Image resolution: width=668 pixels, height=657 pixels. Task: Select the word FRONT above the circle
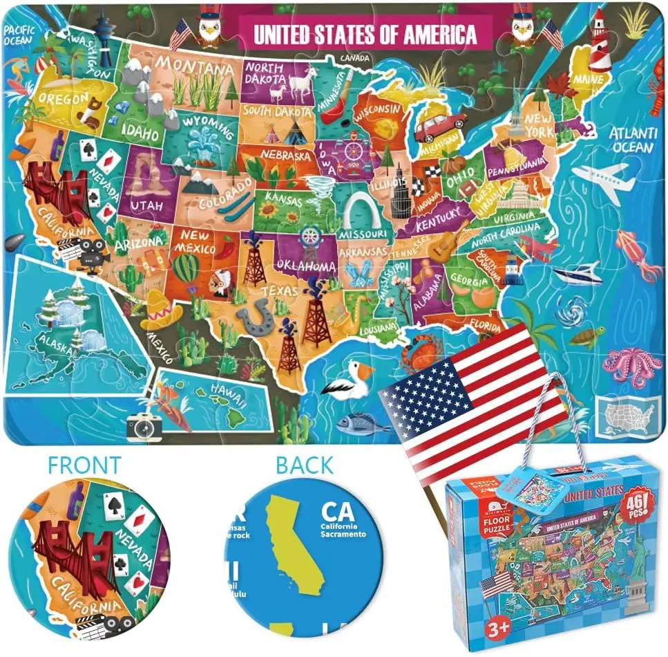(85, 465)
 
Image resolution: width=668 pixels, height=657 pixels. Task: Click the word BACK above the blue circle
(304, 465)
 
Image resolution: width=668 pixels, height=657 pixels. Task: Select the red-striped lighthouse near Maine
(600, 41)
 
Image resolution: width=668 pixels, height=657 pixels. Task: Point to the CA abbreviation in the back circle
(339, 512)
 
